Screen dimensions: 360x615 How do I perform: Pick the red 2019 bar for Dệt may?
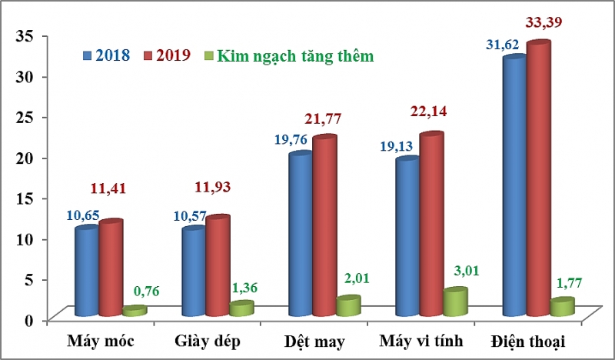[324, 226]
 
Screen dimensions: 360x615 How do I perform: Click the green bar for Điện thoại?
[562, 307]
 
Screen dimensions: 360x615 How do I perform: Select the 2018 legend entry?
[106, 55]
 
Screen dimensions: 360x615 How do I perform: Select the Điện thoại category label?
[526, 340]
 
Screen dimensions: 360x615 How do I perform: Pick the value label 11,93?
[211, 187]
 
